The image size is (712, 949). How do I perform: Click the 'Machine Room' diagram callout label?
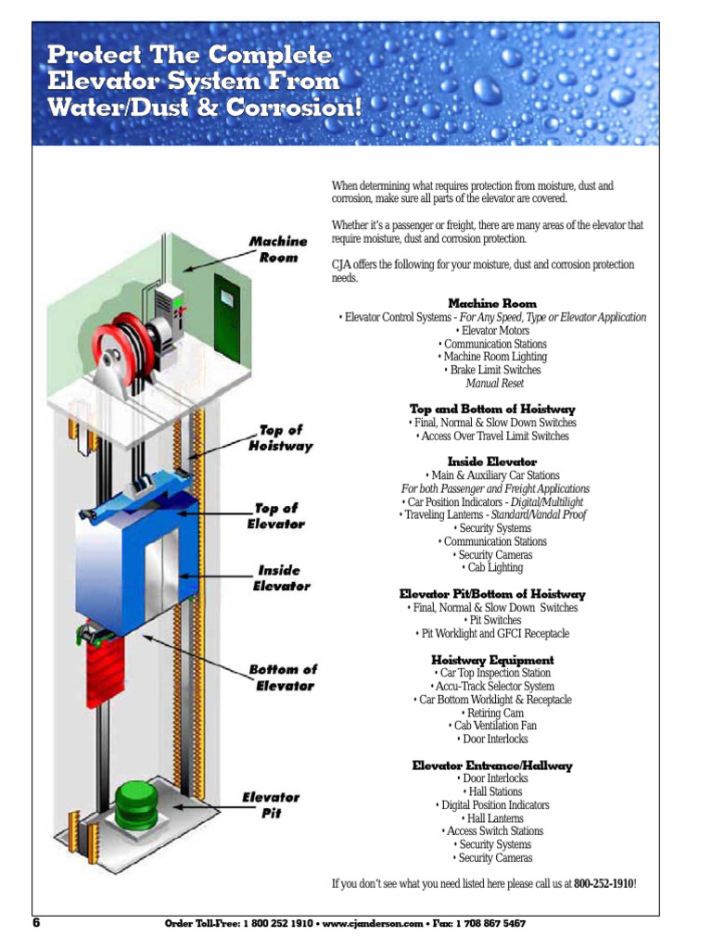click(277, 249)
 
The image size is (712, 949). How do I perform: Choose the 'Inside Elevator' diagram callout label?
click(281, 578)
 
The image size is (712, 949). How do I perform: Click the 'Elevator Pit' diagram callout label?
click(271, 804)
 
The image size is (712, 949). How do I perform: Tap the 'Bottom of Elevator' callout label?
click(283, 677)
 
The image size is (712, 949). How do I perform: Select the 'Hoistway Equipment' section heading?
click(492, 660)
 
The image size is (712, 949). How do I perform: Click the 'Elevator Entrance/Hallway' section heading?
click(492, 766)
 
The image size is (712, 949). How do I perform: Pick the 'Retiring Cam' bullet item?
click(492, 713)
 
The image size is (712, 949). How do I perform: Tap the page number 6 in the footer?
click(37, 923)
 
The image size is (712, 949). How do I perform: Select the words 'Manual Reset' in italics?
click(494, 383)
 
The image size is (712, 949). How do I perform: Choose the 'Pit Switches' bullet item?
click(492, 620)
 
